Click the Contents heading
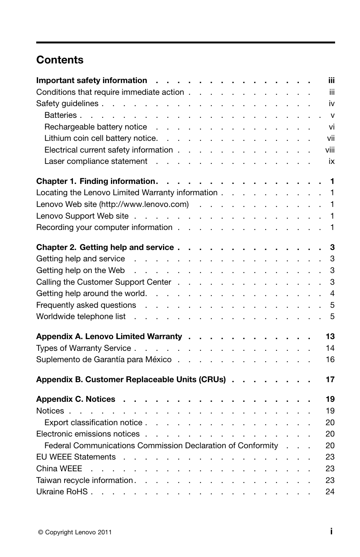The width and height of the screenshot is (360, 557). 60,60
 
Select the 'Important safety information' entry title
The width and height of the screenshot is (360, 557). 91,80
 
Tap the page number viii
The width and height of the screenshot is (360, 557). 330,150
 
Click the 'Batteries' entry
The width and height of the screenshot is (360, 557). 60,115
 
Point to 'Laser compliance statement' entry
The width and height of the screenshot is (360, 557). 95,161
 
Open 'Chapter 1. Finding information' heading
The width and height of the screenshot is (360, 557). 96,181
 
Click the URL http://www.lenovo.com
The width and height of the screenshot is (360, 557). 144,204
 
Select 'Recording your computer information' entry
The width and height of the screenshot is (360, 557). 104,227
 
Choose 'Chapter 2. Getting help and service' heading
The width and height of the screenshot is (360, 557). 105,247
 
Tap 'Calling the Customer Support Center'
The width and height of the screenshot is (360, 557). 103,282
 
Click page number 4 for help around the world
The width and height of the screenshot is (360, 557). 332,293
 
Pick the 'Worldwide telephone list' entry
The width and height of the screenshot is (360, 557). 81,316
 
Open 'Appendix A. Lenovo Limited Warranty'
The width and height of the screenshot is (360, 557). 109,336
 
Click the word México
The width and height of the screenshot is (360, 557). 158,360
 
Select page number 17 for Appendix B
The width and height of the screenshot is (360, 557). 330,380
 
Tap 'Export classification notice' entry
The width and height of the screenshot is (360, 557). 93,423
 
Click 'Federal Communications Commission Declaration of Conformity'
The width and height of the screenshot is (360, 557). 161,446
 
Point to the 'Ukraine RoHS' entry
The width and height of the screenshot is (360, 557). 62,492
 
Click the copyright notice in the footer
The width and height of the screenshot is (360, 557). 75,532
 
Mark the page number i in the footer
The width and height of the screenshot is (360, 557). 331,531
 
